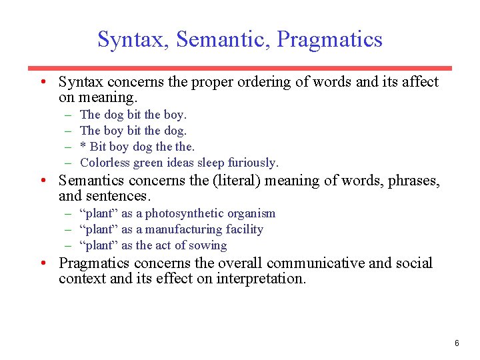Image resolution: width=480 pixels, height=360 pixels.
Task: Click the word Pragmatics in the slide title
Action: click(x=329, y=39)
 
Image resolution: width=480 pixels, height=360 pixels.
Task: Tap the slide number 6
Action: click(x=457, y=343)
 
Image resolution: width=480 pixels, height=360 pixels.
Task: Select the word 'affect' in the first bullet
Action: click(x=418, y=82)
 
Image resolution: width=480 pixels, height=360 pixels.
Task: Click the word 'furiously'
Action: click(x=253, y=163)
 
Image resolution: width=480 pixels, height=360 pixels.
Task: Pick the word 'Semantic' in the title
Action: click(x=223, y=39)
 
